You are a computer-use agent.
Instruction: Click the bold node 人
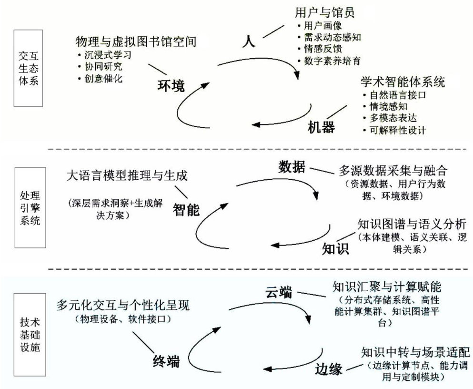tap(249, 40)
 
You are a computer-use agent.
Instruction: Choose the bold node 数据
tap(292, 167)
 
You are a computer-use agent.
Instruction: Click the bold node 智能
tap(186, 210)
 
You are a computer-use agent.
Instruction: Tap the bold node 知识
tap(336, 248)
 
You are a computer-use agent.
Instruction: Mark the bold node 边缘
tap(329, 368)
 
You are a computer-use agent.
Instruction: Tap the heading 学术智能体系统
tap(403, 82)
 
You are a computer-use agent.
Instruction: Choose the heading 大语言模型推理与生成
tap(128, 176)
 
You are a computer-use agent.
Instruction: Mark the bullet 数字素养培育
tap(332, 61)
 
